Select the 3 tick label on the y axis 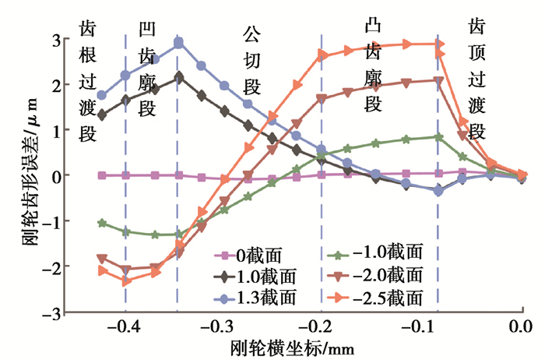click(56, 38)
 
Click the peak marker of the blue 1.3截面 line click(178, 43)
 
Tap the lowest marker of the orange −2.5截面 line click(126, 281)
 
